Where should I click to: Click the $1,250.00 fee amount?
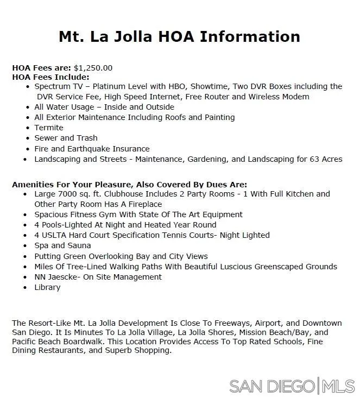coord(93,68)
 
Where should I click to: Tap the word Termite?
coord(49,128)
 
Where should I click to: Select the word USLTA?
coord(55,235)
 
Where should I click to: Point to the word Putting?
coord(48,256)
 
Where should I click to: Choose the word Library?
coord(47,287)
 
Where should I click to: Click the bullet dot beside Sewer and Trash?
coord(26,138)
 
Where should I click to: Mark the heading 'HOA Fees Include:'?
coord(50,77)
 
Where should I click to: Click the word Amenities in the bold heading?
coord(32,185)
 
